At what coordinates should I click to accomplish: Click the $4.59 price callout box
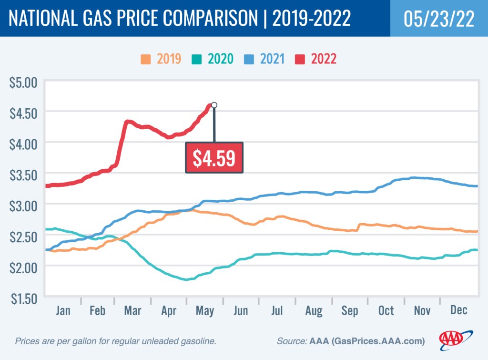(214, 158)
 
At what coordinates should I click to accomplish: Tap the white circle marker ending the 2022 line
(214, 105)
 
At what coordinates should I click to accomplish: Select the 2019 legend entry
(161, 59)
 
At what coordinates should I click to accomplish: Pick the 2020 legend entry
(213, 59)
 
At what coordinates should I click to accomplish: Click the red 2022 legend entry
(317, 59)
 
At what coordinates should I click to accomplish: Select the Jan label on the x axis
(63, 311)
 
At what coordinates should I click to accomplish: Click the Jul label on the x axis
(277, 311)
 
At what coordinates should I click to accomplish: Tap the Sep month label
(349, 311)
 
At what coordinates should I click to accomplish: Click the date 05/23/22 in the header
(438, 19)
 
